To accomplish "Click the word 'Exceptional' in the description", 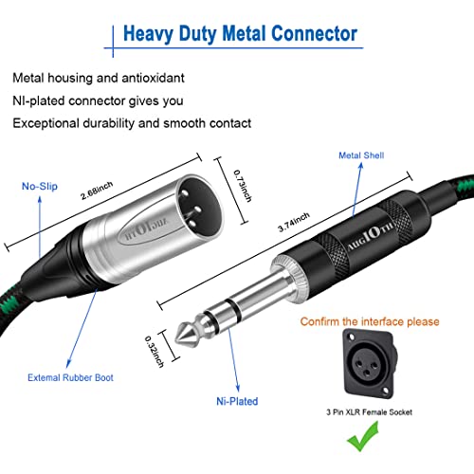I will pyautogui.click(x=44, y=122).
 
